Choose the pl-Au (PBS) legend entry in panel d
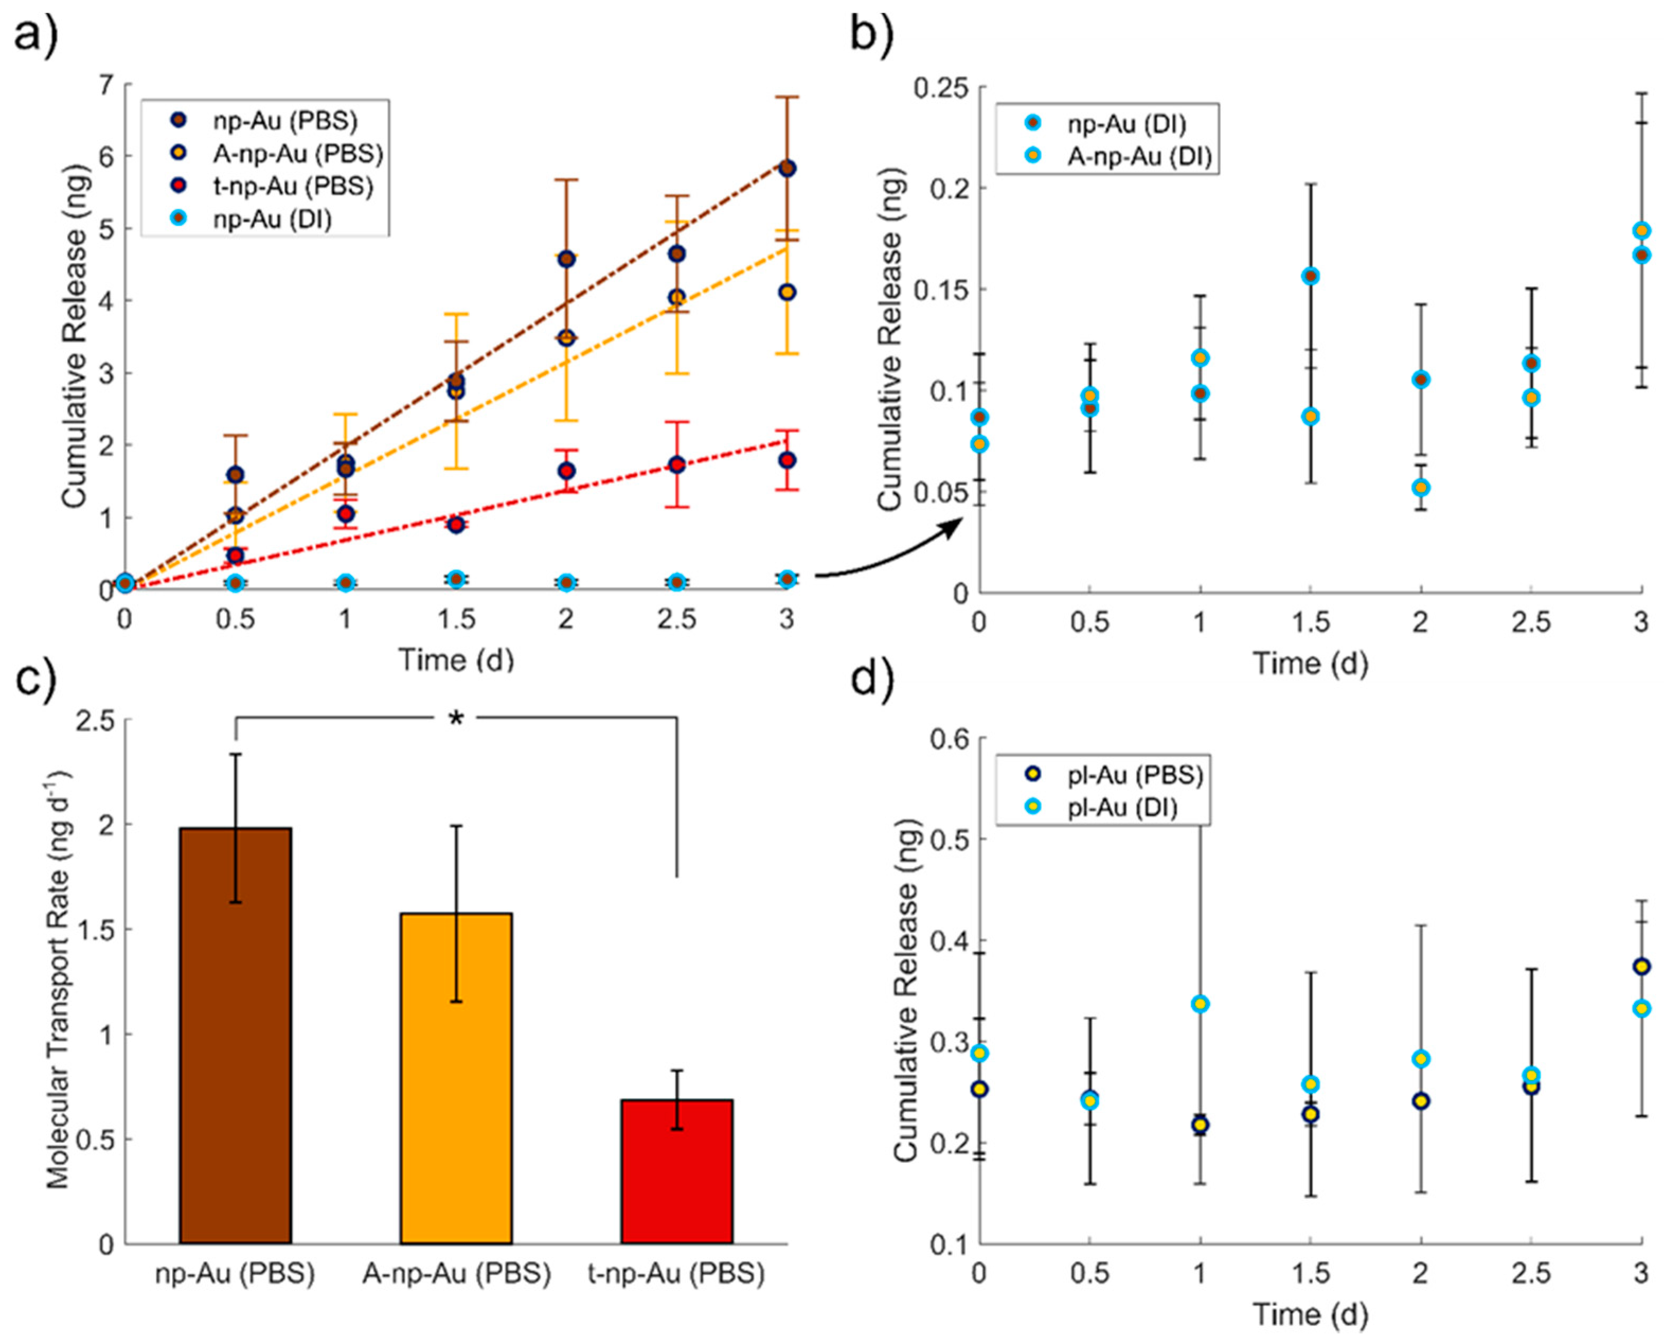point(1134,775)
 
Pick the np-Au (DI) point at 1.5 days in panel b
point(1310,277)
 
